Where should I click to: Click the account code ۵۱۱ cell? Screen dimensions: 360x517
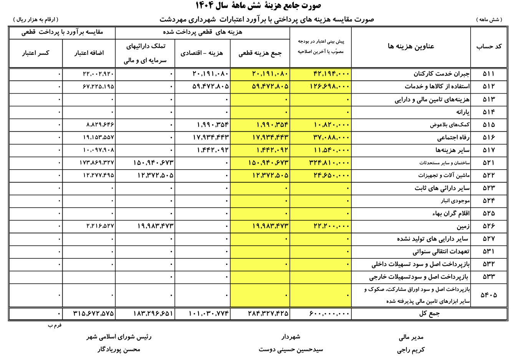(x=489, y=74)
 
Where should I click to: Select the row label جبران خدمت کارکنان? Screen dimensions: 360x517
(x=441, y=74)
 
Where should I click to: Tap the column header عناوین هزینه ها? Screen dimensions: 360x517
(x=411, y=46)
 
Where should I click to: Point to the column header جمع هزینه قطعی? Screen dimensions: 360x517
(x=260, y=53)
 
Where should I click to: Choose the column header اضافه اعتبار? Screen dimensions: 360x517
(x=89, y=53)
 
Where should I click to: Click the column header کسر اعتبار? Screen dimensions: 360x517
(x=36, y=53)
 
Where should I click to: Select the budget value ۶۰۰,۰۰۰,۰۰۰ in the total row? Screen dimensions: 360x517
(x=330, y=314)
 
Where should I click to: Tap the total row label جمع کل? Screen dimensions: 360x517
(x=429, y=314)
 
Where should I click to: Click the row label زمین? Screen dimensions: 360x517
(x=463, y=226)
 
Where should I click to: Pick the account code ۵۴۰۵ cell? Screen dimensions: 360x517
(x=489, y=295)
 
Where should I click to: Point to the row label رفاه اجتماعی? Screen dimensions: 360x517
(x=453, y=137)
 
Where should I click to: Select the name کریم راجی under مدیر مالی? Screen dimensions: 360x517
(x=411, y=350)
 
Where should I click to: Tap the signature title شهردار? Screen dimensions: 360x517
(x=291, y=337)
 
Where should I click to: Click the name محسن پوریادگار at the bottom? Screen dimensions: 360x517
(x=119, y=349)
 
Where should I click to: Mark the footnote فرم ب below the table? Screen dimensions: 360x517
(x=55, y=325)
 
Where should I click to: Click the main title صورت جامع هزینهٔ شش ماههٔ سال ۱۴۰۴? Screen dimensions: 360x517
(x=258, y=6)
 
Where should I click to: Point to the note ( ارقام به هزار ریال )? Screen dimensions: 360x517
(x=36, y=20)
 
